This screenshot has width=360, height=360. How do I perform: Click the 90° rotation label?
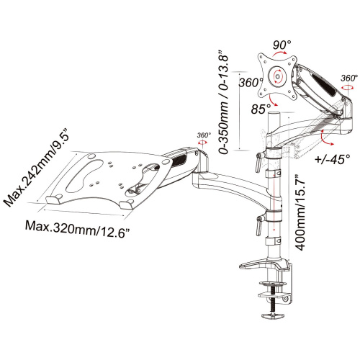pos(282,45)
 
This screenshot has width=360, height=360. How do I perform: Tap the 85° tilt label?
pos(261,109)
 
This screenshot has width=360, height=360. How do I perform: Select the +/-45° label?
pos(332,158)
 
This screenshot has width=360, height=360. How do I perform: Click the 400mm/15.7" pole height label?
pos(300,213)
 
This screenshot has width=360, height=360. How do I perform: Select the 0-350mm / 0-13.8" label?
pos(222,102)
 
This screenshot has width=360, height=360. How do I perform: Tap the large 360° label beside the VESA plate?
pos(251,83)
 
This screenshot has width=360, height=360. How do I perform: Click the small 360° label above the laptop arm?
pos(204,135)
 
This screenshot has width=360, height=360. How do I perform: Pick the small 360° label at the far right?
pos(349,78)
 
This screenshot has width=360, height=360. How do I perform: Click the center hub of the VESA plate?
pos(278,77)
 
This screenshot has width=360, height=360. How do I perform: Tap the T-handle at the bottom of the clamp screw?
pos(272,315)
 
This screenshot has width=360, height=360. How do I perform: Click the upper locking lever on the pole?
pos(259,161)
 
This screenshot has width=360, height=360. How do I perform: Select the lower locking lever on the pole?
pos(259,225)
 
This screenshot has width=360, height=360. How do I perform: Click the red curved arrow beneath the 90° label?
pos(279,53)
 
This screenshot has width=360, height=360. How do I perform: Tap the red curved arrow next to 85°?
pos(273,100)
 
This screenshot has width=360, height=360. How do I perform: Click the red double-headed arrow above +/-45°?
pos(326,138)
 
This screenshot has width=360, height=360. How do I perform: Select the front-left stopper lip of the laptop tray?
pos(54,199)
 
